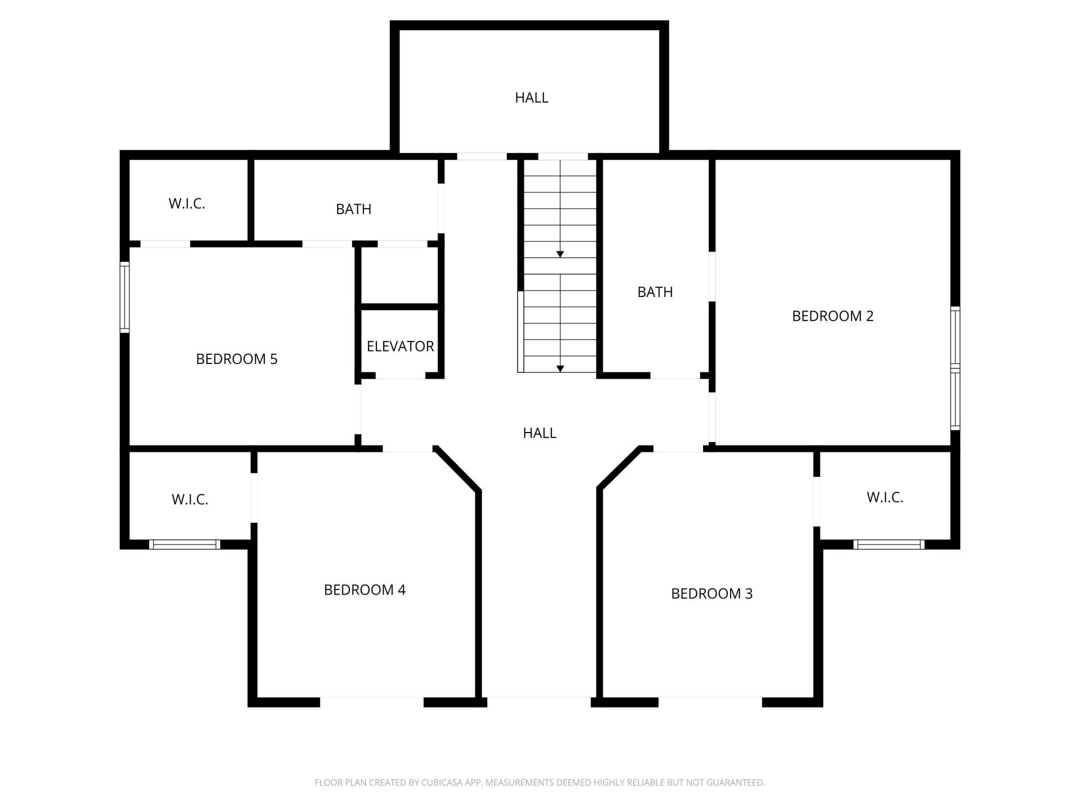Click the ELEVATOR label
click(400, 346)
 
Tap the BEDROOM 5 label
click(236, 359)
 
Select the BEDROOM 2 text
click(832, 316)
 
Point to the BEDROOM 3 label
click(712, 593)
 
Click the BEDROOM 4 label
click(364, 589)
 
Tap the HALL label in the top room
click(532, 98)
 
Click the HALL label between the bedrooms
click(539, 433)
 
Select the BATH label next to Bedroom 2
click(655, 292)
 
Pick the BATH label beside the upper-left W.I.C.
click(353, 209)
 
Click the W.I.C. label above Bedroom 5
click(187, 204)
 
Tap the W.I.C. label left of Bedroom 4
click(190, 499)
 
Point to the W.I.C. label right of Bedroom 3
click(885, 497)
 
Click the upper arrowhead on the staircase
click(560, 254)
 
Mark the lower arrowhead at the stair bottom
click(560, 368)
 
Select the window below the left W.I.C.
click(184, 544)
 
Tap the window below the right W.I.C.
click(889, 544)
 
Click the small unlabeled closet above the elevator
click(399, 276)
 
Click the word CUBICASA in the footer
click(444, 782)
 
